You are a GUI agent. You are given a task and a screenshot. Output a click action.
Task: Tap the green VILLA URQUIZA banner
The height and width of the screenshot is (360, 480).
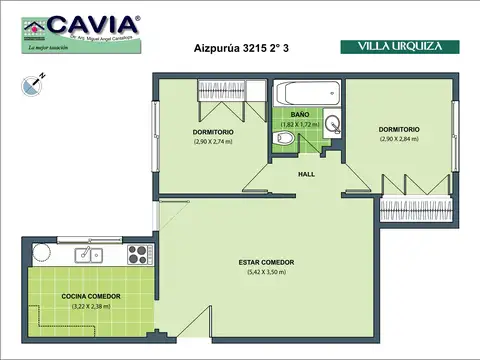point(399,46)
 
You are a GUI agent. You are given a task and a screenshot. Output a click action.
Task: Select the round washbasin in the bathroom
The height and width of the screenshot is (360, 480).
point(333,125)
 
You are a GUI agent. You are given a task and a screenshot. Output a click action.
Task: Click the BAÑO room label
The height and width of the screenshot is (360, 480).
point(300,115)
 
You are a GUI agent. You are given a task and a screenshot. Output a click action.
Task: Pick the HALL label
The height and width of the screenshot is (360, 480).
point(306,174)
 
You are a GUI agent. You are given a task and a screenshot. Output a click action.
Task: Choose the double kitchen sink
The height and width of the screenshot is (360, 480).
point(75,253)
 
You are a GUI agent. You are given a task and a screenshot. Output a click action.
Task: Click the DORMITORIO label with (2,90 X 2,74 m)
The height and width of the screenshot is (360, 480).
point(213,132)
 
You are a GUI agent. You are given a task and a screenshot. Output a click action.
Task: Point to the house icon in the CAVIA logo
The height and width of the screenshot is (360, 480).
point(34,27)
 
